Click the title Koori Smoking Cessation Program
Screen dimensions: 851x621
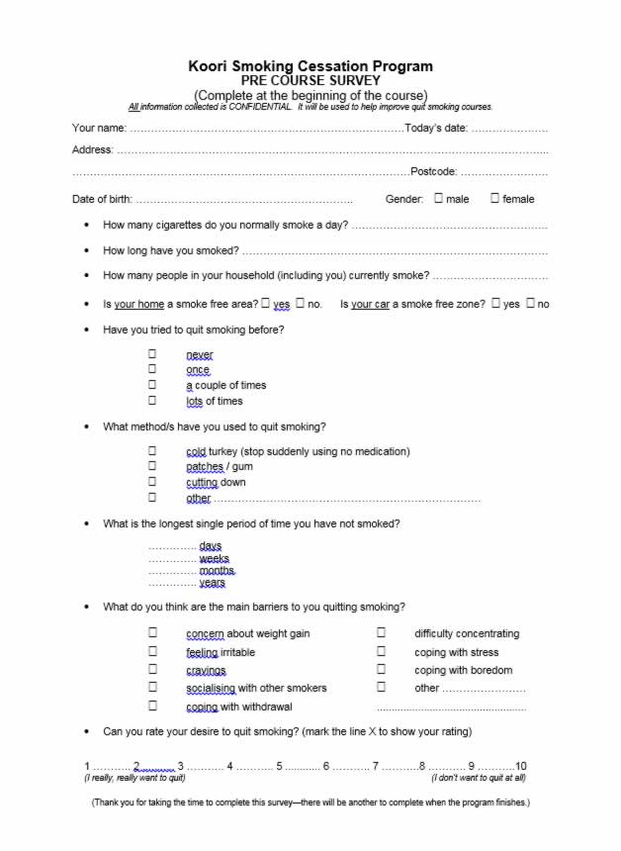[310, 66]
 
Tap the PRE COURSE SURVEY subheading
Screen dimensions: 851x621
[310, 80]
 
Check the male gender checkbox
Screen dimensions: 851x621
[439, 198]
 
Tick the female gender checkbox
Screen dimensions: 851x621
[494, 198]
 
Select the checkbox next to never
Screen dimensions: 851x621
[152, 353]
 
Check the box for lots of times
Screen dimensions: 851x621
[152, 401]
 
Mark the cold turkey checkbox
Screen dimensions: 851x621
[152, 450]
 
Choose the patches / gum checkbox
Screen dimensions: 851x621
[152, 466]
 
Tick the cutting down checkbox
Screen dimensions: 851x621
[152, 482]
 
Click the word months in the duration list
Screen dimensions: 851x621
[217, 571]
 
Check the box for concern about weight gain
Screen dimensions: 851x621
[152, 632]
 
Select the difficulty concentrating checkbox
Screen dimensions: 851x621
[381, 632]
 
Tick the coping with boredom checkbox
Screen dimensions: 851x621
[381, 669]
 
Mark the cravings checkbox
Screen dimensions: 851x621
[152, 669]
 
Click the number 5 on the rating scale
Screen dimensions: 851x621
[280, 766]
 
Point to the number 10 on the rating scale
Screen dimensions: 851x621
[520, 766]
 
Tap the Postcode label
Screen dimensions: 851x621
[433, 172]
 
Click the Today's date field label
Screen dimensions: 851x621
[436, 129]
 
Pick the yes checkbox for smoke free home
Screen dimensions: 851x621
[265, 303]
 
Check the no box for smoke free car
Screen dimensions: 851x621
[531, 303]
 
